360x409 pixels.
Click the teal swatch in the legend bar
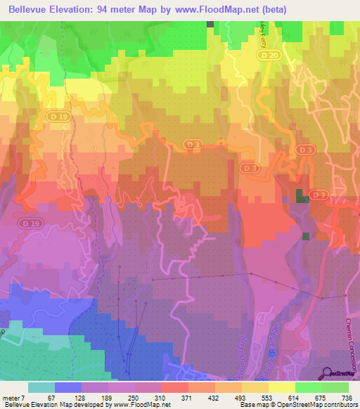pyautogui.click(x=41, y=387)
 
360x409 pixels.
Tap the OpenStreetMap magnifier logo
pyautogui.click(x=328, y=373)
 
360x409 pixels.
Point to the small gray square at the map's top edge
pyautogui.click(x=210, y=24)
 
